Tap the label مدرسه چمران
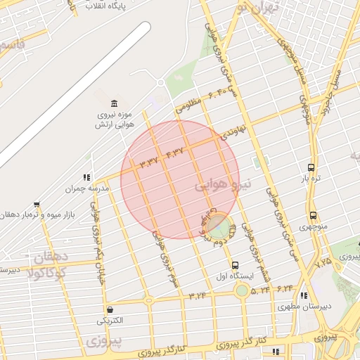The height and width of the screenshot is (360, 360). tap(70, 188)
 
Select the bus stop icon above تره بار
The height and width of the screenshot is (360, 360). tap(311, 168)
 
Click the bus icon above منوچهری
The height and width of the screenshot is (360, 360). tap(313, 215)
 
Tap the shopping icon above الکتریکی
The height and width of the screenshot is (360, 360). tap(110, 309)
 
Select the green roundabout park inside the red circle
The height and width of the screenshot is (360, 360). tap(218, 226)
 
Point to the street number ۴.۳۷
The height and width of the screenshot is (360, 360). tap(174, 151)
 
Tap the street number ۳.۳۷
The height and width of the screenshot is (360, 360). tap(148, 162)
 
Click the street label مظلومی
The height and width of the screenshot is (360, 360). tap(188, 105)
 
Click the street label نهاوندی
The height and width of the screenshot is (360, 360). tap(233, 131)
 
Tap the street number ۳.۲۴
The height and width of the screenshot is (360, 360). tap(198, 295)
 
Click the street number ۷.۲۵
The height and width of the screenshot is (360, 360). tap(324, 262)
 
